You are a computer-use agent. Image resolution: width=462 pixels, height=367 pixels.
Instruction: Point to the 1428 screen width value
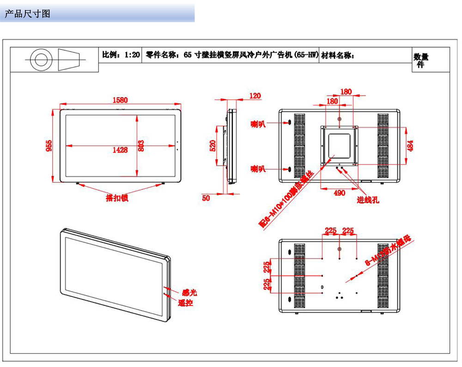pos(120,150)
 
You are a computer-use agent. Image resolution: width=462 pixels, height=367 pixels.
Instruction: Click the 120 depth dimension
pos(255,96)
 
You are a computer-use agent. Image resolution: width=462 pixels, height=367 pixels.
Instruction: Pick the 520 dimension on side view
pos(213,146)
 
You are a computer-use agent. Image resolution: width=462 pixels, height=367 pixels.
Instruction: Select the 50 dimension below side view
pos(206,198)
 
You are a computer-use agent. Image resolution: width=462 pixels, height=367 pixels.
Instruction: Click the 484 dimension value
pos(411,146)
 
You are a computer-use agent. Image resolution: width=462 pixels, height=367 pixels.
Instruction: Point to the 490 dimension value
pos(339,193)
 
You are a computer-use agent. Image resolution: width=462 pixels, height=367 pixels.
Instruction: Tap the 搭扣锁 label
pos(117,198)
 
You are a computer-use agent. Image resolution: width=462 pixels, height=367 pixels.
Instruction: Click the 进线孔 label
pos(368,200)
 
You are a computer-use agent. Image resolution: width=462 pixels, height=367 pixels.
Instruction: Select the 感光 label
pos(189,292)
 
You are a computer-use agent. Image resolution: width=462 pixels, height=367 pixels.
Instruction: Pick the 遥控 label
pos(185,303)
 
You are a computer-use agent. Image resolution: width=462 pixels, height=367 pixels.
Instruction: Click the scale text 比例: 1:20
pos(121,55)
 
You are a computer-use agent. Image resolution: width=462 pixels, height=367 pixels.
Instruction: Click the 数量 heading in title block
pos(420,57)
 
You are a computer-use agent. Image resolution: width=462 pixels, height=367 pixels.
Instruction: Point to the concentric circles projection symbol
pos(39,60)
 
